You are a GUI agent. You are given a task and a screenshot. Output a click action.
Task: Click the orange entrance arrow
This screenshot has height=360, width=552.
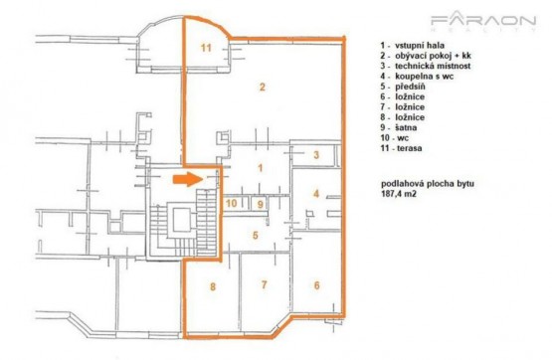coord(188,179)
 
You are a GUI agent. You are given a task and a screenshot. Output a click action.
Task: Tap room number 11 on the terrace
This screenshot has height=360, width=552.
coord(206,48)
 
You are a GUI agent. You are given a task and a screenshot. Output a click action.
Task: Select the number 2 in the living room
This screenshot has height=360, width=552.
coord(262,87)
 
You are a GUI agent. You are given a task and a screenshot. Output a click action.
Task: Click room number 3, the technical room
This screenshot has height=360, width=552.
coord(316,154)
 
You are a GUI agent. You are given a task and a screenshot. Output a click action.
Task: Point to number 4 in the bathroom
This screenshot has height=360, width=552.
coord(316,193)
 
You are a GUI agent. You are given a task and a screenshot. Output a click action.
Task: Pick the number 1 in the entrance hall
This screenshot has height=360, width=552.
coord(261,168)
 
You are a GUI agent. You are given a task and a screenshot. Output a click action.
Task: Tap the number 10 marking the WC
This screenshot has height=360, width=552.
coord(232,203)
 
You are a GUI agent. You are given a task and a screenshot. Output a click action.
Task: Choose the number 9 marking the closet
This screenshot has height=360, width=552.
coord(261,204)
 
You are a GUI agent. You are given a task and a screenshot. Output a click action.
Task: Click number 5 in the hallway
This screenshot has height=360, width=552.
coord(256,235)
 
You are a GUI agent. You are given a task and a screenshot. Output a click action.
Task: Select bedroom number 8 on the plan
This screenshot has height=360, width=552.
coord(213,286)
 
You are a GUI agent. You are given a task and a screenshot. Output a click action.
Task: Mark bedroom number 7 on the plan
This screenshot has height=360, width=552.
coord(264,284)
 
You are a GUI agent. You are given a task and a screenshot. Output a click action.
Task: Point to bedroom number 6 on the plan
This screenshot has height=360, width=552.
coord(317,285)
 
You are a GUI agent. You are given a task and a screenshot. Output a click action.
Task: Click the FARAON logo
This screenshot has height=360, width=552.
coord(483,21)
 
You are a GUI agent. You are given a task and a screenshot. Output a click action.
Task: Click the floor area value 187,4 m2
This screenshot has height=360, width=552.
coord(399,194)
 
